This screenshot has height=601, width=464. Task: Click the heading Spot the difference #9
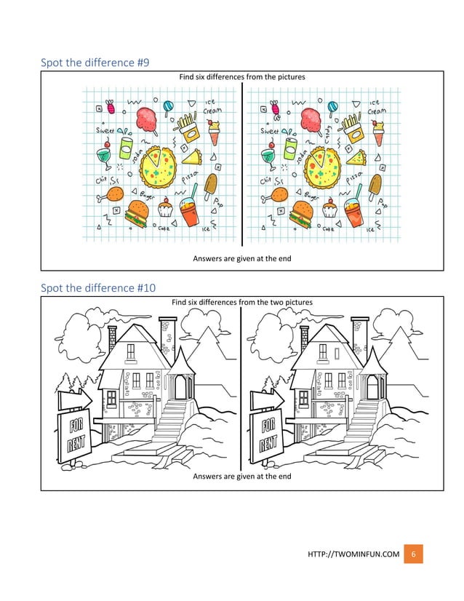tap(95, 63)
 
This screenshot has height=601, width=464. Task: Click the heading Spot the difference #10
tap(98, 287)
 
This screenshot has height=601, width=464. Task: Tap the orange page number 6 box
tap(413, 554)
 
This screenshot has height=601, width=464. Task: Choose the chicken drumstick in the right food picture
tap(275, 194)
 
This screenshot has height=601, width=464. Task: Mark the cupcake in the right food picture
tap(330, 210)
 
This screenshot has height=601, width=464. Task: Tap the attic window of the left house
tap(131, 351)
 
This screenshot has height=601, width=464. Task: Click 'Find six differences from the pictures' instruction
tap(241, 76)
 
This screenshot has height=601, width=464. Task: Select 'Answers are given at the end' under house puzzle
tap(241, 477)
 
